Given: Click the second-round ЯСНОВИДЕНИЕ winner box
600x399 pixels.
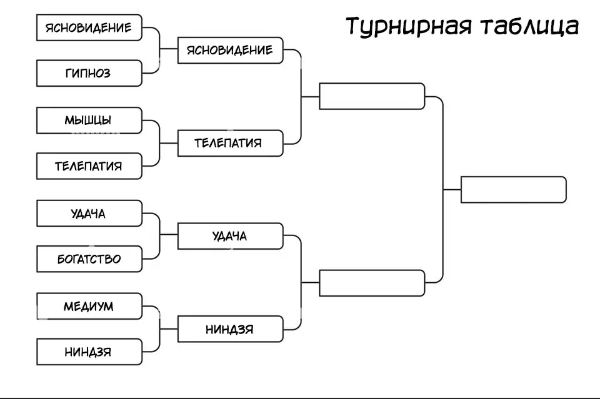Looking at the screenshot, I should pyautogui.click(x=230, y=50).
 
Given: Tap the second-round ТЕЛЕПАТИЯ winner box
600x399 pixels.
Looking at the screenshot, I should pyautogui.click(x=230, y=143).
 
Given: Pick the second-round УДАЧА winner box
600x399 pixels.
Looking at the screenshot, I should pyautogui.click(x=230, y=236).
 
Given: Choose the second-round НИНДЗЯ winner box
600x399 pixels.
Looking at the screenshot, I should pyautogui.click(x=230, y=329).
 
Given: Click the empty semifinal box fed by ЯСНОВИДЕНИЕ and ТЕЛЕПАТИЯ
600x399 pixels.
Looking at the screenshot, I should pyautogui.click(x=372, y=96).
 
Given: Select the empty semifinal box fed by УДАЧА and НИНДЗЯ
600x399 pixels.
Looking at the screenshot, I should pyautogui.click(x=372, y=283).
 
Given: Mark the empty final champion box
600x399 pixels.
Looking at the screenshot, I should pyautogui.click(x=513, y=189).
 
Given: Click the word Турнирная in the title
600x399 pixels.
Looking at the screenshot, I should pyautogui.click(x=407, y=26).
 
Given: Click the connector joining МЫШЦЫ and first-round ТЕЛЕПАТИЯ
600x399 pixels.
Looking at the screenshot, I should pyautogui.click(x=159, y=143).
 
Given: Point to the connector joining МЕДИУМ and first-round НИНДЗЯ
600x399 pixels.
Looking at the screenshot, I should pyautogui.click(x=159, y=329).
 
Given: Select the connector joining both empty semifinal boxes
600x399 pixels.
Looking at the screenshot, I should pyautogui.click(x=442, y=189).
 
